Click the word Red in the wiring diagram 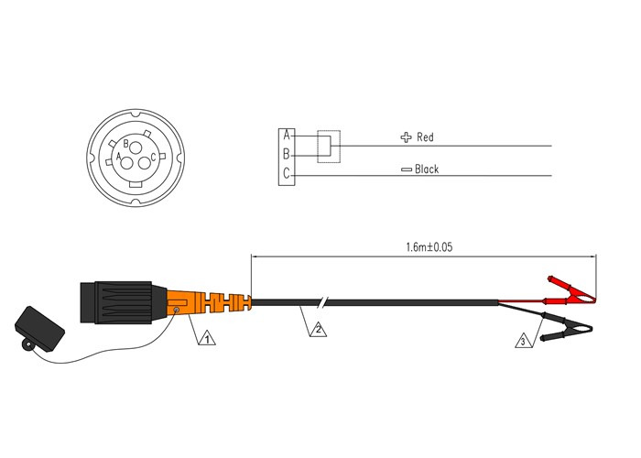[x=425, y=137]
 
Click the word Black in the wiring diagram [x=427, y=169]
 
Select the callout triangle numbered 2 [x=318, y=327]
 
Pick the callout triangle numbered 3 [x=522, y=341]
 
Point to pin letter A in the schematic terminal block [x=287, y=136]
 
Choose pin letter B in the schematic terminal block [x=287, y=154]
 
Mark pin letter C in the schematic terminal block [x=287, y=172]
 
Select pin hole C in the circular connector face [x=145, y=163]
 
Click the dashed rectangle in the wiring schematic [x=327, y=147]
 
